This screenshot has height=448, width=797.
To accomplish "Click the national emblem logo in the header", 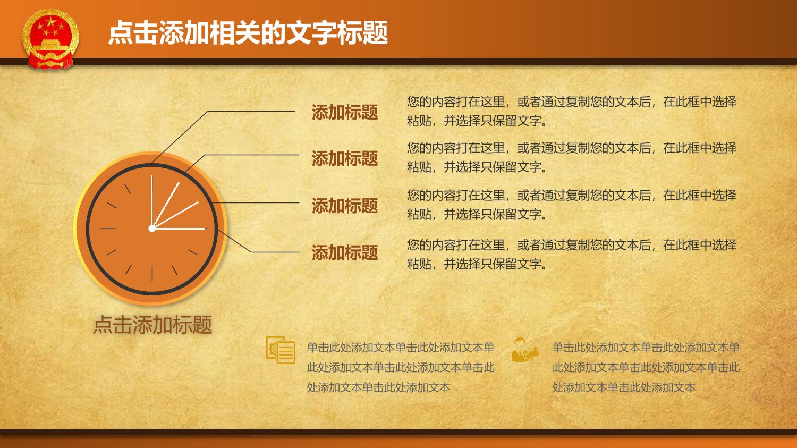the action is pyautogui.click(x=50, y=38).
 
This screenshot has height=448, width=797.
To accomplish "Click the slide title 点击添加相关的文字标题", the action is pyautogui.click(x=248, y=33).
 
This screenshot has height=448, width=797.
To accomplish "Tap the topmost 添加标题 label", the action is pyautogui.click(x=344, y=112).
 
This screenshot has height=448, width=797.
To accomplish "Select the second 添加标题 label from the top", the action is pyautogui.click(x=344, y=158).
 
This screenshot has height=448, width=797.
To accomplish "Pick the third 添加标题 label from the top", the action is pyautogui.click(x=344, y=206).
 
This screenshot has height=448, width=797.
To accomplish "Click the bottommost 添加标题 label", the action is pyautogui.click(x=344, y=252).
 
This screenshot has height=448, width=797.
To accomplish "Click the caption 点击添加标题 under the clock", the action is pyautogui.click(x=152, y=325).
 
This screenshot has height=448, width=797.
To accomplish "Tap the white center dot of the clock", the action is pyautogui.click(x=152, y=229).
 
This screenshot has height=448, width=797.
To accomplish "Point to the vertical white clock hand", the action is pyautogui.click(x=152, y=201).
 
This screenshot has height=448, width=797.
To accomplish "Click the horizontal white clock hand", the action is pyautogui.click(x=180, y=229).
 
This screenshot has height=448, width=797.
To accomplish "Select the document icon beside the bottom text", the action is pyautogui.click(x=281, y=350).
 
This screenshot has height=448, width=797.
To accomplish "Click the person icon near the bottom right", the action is pyautogui.click(x=525, y=349).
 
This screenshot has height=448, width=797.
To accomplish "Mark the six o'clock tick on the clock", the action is pyautogui.click(x=152, y=274).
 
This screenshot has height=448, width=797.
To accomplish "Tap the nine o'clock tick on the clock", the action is pyautogui.click(x=107, y=229).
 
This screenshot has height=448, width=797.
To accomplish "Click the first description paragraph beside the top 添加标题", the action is pyautogui.click(x=571, y=112).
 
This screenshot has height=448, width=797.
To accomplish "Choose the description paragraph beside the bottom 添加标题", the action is pyautogui.click(x=571, y=255).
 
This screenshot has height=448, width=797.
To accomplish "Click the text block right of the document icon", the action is pyautogui.click(x=401, y=367).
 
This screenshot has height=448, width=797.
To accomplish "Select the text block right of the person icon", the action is pyautogui.click(x=646, y=367).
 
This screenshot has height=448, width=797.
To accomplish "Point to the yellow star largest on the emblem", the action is pyautogui.click(x=51, y=22).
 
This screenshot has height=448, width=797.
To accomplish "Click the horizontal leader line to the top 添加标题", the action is pyautogui.click(x=251, y=112).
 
